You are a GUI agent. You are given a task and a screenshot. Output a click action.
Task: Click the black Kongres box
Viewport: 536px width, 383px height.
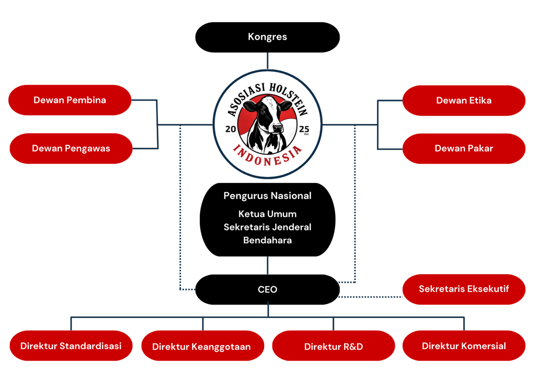[x=268, y=37]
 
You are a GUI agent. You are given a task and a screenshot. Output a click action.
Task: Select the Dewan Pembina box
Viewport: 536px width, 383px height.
[x=70, y=100]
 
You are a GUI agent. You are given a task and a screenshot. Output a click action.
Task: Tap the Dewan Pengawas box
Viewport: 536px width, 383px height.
[x=71, y=148]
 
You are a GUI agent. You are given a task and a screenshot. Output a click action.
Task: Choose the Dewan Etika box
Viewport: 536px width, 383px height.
[x=464, y=101]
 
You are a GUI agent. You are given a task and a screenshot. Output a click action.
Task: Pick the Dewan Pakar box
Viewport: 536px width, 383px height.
[x=464, y=148]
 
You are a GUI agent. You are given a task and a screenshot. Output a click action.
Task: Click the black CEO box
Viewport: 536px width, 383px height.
[x=268, y=289]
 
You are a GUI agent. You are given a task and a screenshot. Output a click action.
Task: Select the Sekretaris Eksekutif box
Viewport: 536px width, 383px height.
[x=464, y=289]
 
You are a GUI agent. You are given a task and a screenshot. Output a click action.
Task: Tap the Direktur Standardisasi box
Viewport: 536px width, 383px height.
[x=71, y=346]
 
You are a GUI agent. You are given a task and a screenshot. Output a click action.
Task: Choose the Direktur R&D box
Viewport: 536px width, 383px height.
[x=333, y=346]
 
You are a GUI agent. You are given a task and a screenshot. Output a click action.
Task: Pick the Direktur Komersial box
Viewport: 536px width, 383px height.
[x=464, y=346]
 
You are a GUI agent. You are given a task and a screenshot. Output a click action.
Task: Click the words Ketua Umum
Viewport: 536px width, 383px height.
[x=268, y=214]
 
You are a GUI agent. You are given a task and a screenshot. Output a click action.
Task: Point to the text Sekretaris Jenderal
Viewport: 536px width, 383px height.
[x=268, y=227]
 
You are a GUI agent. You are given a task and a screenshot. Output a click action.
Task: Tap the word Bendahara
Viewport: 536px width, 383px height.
[x=268, y=240]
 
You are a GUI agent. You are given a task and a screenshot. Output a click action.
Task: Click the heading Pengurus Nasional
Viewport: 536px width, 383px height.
[x=268, y=196]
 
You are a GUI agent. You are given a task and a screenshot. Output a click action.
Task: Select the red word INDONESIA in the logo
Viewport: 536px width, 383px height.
[x=268, y=155]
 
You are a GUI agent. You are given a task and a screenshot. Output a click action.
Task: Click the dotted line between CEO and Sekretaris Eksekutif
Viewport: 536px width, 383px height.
[x=371, y=297]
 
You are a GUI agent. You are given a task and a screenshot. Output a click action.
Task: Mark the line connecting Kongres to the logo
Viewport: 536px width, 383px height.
[x=268, y=61]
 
